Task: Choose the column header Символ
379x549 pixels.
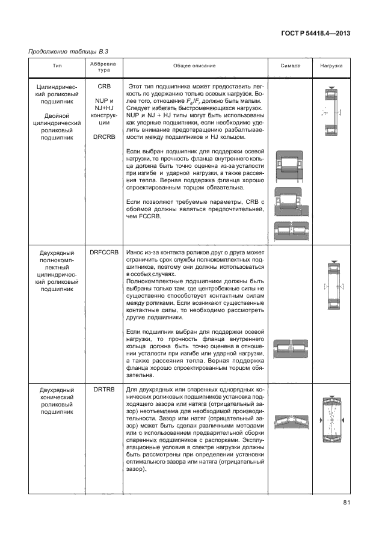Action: pos(291,66)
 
